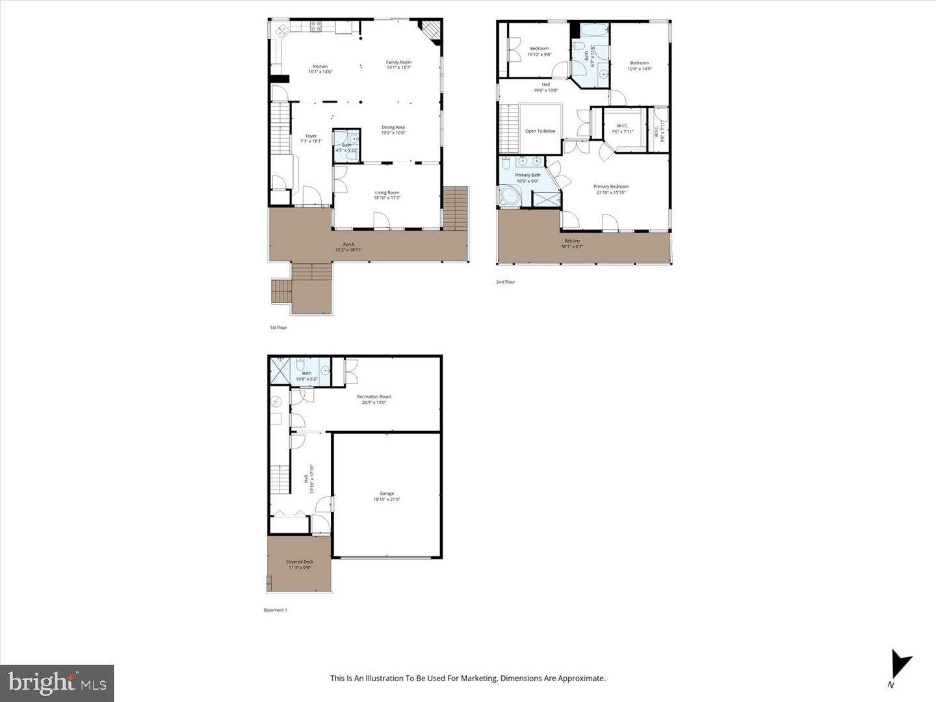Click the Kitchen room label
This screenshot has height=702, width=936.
[x=320, y=66]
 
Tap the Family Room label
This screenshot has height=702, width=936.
[x=398, y=62]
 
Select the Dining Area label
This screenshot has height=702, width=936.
[x=393, y=127]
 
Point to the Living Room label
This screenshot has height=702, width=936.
[x=387, y=192]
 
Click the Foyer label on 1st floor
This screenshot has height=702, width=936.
[x=311, y=136]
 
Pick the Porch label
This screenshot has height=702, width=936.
[x=348, y=244]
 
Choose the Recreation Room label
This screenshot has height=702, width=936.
[x=374, y=396]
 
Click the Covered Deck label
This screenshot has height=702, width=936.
[x=299, y=562]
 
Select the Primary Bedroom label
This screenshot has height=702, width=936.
[x=610, y=187]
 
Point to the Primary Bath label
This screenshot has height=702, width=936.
[x=527, y=175]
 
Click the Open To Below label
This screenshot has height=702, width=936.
[x=540, y=131]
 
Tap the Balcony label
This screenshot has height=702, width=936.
[x=572, y=240]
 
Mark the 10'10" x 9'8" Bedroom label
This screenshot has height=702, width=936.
[x=539, y=49]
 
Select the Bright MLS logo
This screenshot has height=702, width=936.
[x=57, y=682]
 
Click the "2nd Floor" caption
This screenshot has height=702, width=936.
[x=505, y=282]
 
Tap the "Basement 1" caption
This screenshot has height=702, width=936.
[x=275, y=610]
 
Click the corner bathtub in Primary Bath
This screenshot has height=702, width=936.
[x=511, y=196]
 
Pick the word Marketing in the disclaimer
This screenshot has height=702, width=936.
[x=478, y=678]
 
